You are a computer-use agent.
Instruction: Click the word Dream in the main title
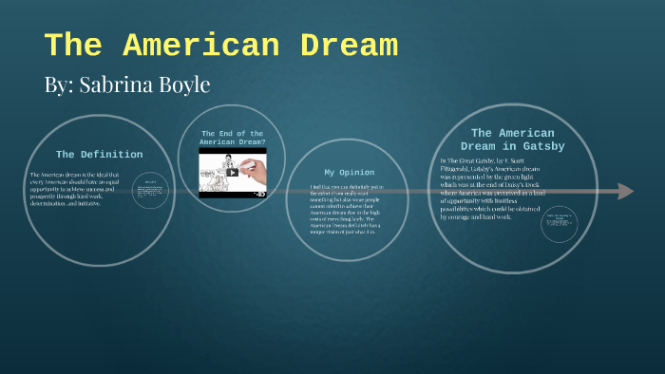coord(337,46)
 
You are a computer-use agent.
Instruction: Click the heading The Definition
coord(99,154)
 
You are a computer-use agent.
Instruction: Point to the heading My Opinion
coord(349,172)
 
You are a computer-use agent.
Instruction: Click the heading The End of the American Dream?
coord(233,137)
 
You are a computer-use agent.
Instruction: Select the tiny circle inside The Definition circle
coord(150,192)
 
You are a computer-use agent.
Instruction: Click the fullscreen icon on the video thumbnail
coord(261,193)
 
